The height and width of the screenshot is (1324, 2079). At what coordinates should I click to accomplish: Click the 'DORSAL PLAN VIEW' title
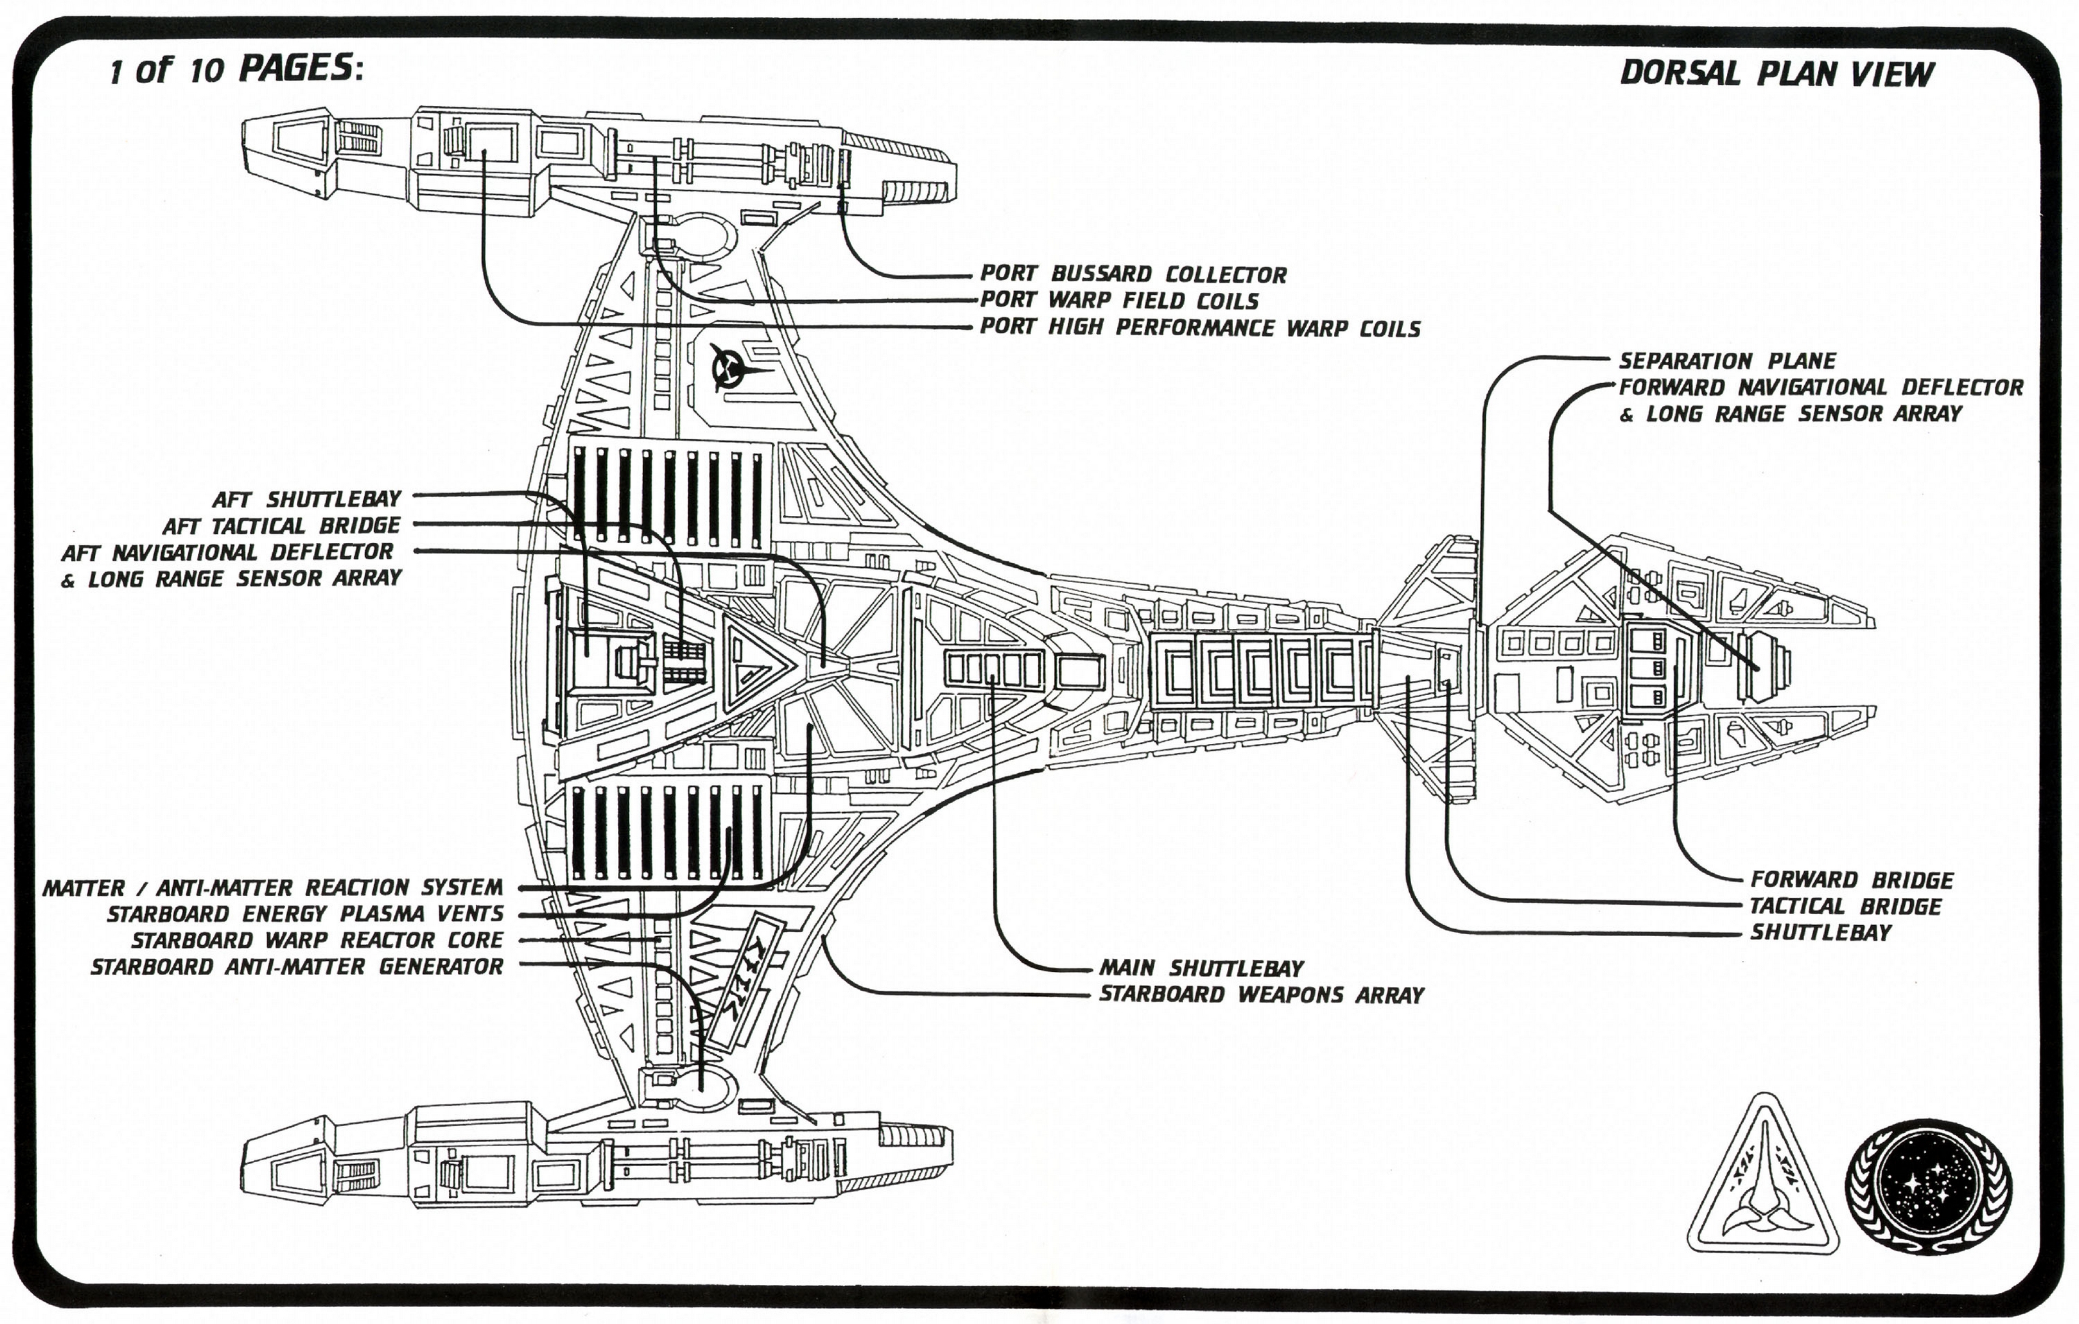tap(1776, 73)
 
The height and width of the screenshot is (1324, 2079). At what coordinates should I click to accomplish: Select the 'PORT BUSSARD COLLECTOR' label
tap(1133, 274)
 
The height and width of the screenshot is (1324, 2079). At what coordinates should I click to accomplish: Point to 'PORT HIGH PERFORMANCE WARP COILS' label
tap(1200, 328)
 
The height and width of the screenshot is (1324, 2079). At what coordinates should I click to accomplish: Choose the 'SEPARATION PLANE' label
tap(1727, 360)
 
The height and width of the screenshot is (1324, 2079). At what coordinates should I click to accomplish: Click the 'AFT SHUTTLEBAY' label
tap(307, 499)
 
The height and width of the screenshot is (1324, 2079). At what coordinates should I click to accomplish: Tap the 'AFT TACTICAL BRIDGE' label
tap(281, 526)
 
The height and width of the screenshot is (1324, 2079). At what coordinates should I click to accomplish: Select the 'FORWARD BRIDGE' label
tap(1851, 880)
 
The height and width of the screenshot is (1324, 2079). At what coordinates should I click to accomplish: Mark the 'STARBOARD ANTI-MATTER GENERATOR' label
tap(297, 967)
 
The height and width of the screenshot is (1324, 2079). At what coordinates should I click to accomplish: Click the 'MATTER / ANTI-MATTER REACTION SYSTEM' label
tap(273, 887)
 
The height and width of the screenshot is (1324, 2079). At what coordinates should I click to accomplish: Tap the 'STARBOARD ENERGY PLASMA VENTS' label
tap(305, 914)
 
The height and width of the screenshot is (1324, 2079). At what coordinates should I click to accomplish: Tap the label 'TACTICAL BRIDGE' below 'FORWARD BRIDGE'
tap(1845, 906)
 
